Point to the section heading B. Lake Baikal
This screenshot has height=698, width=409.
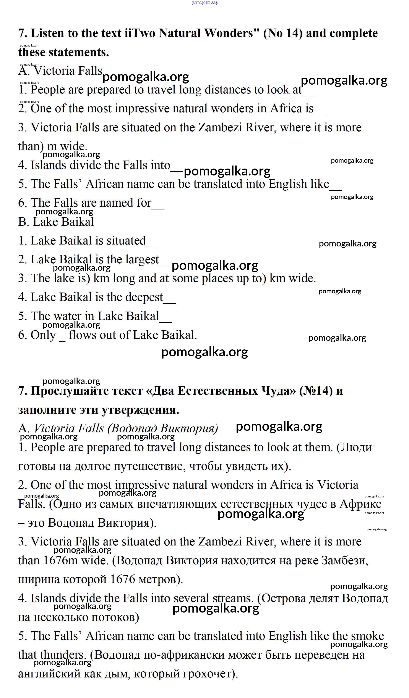click(x=56, y=222)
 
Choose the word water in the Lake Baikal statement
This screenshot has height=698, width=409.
click(x=69, y=316)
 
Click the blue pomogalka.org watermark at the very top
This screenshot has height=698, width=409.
click(x=205, y=3)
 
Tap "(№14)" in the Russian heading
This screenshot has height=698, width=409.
click(x=316, y=391)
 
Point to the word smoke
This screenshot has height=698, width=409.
click(x=367, y=636)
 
